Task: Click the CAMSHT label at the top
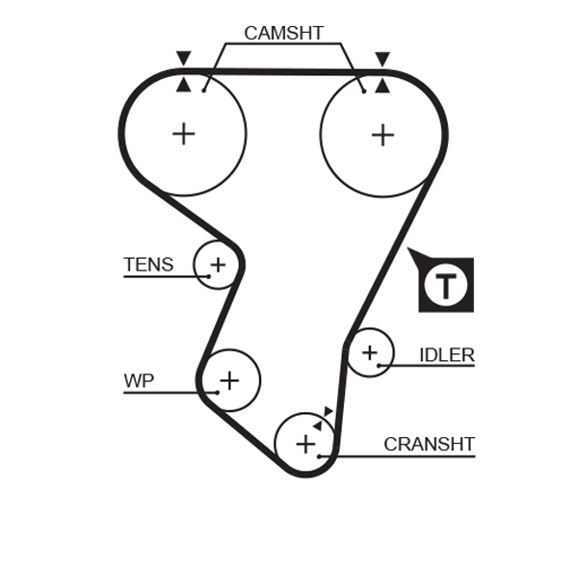[283, 33]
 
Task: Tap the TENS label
[148, 264]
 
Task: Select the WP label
[139, 380]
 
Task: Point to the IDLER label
[446, 354]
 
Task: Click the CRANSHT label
[429, 444]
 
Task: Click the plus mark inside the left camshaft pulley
[183, 134]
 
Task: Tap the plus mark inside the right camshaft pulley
[382, 134]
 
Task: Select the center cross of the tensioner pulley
[218, 264]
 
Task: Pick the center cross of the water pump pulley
[228, 380]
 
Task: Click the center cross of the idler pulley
[370, 354]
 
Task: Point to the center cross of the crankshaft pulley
[304, 444]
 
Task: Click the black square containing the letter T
[445, 285]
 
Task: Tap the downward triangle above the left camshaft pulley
[183, 59]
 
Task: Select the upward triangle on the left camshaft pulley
[183, 85]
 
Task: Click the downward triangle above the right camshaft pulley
[382, 59]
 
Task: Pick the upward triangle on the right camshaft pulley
[382, 85]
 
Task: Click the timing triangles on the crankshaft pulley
[323, 418]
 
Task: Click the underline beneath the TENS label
[159, 276]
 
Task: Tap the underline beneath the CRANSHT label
[405, 455]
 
